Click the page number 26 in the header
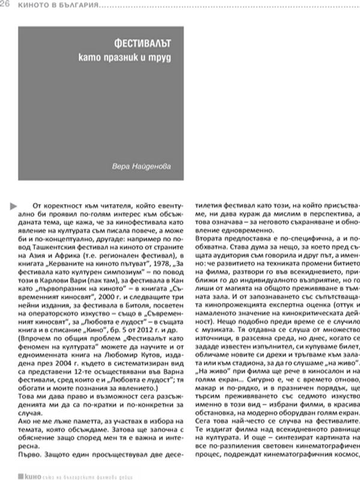8,5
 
